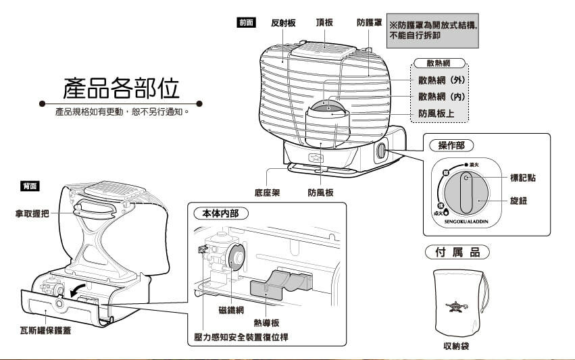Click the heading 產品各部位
pyautogui.click(x=121, y=88)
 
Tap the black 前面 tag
pyautogui.click(x=246, y=22)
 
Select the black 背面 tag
pyautogui.click(x=30, y=185)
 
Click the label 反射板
pyautogui.click(x=283, y=23)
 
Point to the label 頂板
pyautogui.click(x=324, y=23)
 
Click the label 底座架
pyautogui.click(x=268, y=192)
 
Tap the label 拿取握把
pyautogui.click(x=32, y=213)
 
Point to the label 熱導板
pyautogui.click(x=267, y=323)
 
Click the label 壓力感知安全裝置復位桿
pyautogui.click(x=238, y=336)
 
